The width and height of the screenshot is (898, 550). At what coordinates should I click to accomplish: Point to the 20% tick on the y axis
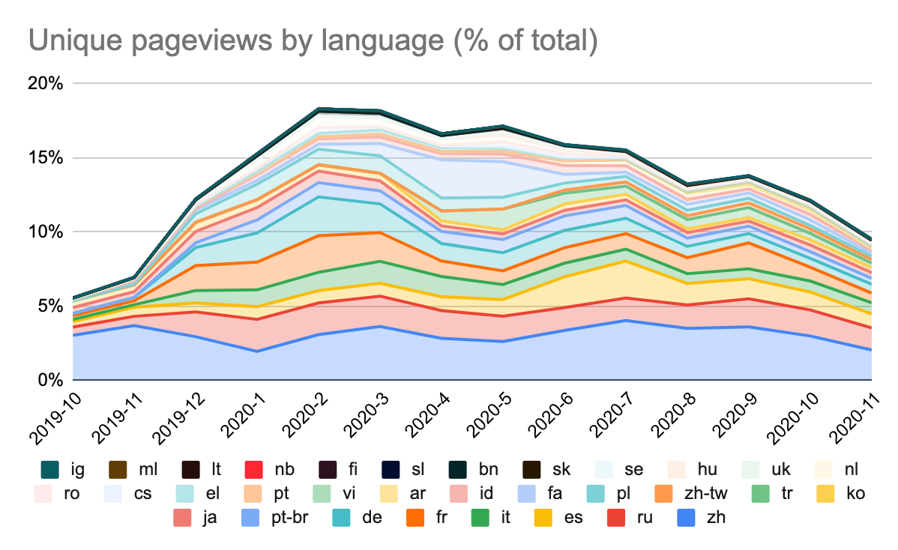(46, 83)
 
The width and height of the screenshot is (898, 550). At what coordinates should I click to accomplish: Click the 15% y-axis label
(46, 157)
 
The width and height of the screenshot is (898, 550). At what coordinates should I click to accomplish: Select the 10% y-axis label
(46, 232)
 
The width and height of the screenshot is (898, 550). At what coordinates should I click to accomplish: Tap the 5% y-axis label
(51, 306)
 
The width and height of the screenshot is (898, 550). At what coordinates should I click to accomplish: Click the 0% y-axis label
(51, 380)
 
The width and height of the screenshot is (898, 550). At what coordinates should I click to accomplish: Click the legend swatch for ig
(49, 470)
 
